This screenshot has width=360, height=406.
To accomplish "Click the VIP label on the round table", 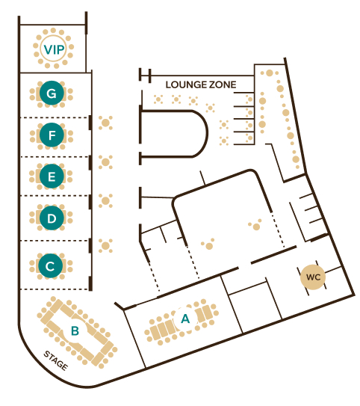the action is point(54,49).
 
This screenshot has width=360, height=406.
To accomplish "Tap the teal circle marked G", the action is point(52,93).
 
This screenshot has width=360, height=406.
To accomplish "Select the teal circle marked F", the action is point(52,135).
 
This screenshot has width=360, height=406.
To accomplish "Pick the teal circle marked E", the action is point(52,176).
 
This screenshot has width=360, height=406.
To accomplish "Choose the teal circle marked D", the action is point(52,218).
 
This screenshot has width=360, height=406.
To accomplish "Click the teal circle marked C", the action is point(51,266).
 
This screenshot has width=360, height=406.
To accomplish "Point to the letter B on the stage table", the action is point(75,331).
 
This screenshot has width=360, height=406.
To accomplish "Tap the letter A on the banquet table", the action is point(185,319).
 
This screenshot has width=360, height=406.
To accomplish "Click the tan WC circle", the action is point(313,277).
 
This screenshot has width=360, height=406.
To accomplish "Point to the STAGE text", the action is point(56,360).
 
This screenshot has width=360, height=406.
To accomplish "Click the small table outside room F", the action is point(105,123).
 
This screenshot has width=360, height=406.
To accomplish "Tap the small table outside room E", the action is point(105,162).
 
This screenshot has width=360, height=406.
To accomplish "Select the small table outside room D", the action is point(105,200).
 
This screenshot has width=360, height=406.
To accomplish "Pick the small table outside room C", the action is point(105,246).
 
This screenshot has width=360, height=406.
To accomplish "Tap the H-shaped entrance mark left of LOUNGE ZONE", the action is point(145,76).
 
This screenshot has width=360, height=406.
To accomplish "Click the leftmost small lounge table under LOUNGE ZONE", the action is point(158,99).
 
